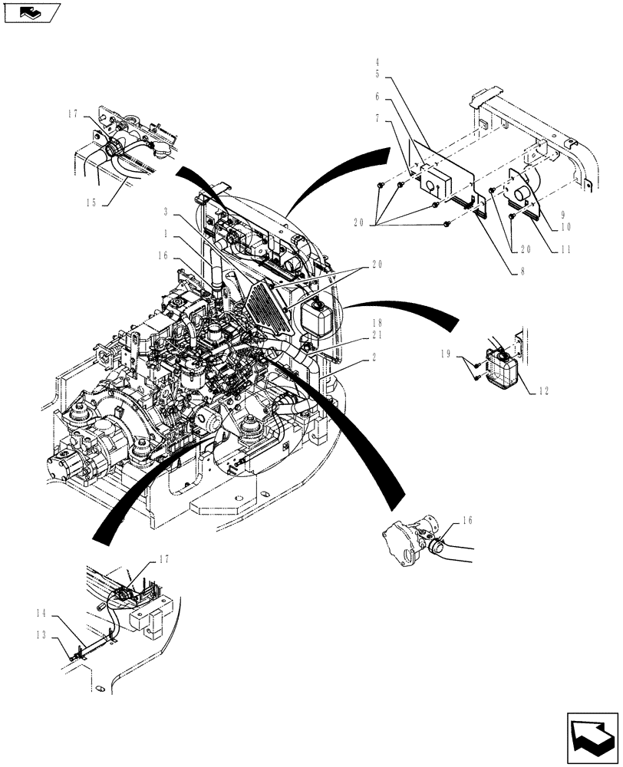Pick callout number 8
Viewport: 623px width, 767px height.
coord(522,271)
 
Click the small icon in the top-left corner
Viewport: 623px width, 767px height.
coord(31,12)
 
